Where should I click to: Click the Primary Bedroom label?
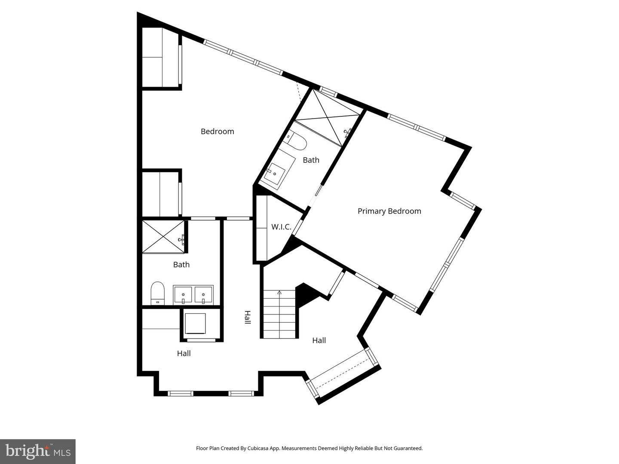[x=389, y=211]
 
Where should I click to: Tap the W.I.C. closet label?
[x=281, y=227]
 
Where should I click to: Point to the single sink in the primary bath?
[x=274, y=174]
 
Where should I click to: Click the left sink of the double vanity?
[x=183, y=295]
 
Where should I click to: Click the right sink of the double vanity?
[x=203, y=295]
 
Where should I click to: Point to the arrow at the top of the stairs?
[x=279, y=293]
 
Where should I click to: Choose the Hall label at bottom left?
[x=184, y=354]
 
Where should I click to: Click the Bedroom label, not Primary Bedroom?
[x=217, y=131]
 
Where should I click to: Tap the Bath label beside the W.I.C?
[x=311, y=160]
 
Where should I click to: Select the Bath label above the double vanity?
[x=181, y=265]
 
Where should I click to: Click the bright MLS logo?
[x=38, y=451]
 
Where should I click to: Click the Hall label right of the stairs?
[x=319, y=341]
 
